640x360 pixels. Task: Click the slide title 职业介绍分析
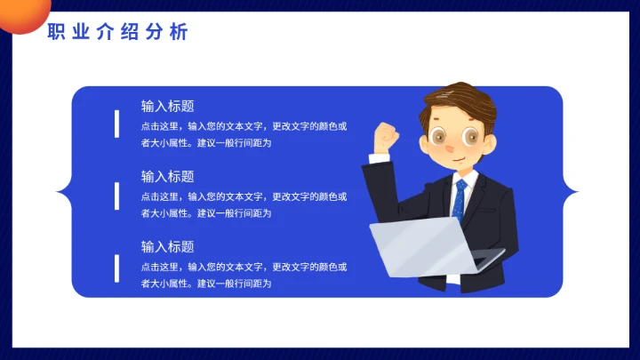point(117,33)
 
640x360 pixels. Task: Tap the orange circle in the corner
point(20,13)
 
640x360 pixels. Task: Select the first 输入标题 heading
point(167,106)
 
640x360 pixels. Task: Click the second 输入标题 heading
point(167,176)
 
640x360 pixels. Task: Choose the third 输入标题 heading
point(167,246)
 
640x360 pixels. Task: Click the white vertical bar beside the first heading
point(117,124)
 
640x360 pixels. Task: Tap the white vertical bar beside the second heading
point(117,195)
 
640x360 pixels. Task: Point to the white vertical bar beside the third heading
point(117,267)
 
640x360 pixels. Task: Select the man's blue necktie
point(459,201)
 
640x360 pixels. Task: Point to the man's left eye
point(442,137)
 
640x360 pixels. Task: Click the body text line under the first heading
point(244,125)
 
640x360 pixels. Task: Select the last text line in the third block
point(205,284)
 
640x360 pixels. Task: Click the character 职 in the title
point(56,33)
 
